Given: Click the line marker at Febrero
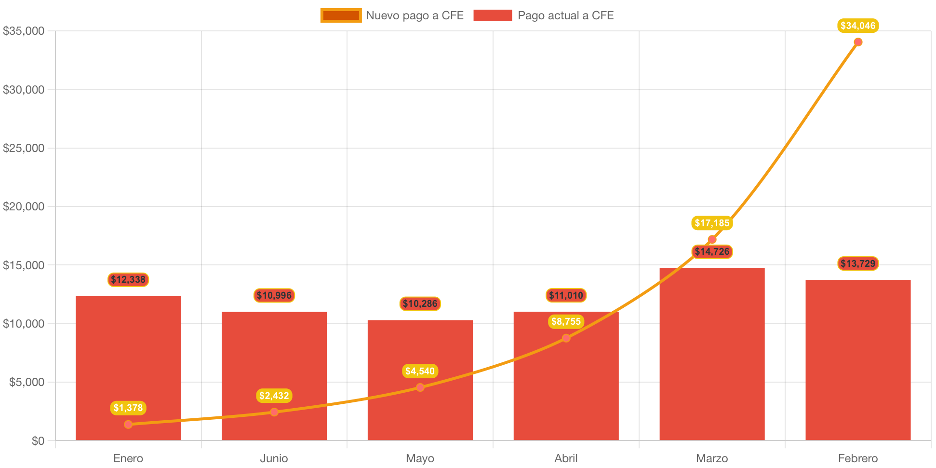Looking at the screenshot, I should pos(858,42).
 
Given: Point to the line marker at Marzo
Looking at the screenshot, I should pos(712,239).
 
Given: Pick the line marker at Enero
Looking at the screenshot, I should pos(128,425).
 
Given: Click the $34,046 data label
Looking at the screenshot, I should pos(858,26).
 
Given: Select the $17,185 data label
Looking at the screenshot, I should pos(712,223).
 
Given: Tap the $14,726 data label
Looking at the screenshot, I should pos(712,251).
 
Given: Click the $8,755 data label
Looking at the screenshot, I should pos(566,321).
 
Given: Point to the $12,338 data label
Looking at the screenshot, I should pos(128,279).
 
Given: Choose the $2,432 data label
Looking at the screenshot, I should pos(274,396).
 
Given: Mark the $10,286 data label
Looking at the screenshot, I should pos(420,303).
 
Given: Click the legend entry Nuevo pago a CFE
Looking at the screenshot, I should pos(392,15).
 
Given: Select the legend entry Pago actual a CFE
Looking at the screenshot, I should pos(543,15).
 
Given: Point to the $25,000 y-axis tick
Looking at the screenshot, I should pos(24,148).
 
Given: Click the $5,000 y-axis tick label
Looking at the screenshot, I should pos(27,382).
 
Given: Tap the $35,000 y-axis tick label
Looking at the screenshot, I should pos(24,31).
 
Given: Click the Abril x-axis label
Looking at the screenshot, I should pos(566,458).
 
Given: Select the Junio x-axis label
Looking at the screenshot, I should pos(274,458).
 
